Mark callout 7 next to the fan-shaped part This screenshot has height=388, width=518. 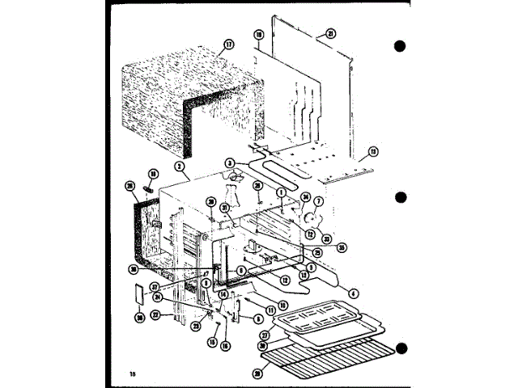(318, 201)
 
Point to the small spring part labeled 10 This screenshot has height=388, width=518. (149, 188)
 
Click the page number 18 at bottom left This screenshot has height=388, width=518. (131, 373)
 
